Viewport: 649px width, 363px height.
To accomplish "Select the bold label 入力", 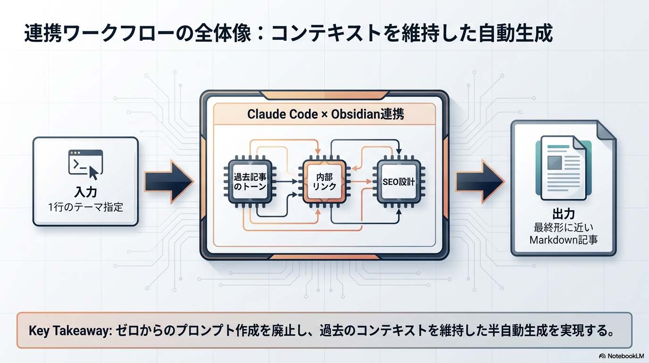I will (x=85, y=192).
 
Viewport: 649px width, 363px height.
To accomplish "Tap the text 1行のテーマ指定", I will (x=85, y=207).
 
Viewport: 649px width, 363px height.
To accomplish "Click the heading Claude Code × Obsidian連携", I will (x=325, y=114).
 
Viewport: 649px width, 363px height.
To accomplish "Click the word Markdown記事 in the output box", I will (x=563, y=240).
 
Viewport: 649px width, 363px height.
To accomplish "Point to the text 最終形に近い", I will (x=563, y=227).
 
